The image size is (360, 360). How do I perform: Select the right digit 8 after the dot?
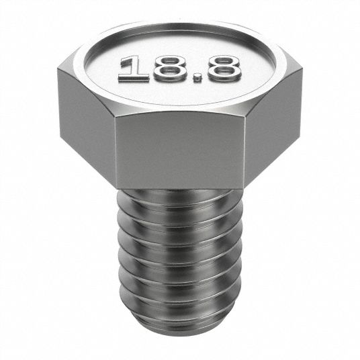222,69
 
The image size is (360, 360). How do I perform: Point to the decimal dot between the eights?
197,78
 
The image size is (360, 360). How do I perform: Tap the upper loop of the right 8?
222,62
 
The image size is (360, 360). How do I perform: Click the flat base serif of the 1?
134,78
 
